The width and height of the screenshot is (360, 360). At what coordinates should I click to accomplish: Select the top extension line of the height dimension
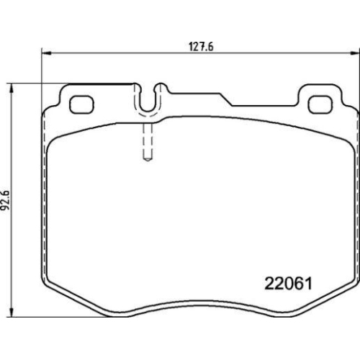pos(72,84)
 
